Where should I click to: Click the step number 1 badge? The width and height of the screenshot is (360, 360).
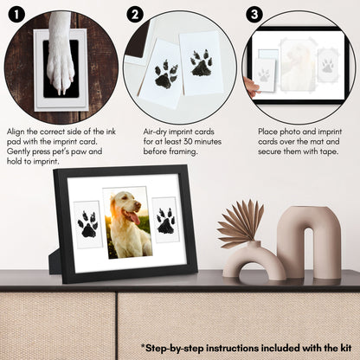click(16, 15)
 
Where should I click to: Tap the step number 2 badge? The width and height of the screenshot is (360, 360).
click(135, 15)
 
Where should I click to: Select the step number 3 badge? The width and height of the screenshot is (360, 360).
click(254, 15)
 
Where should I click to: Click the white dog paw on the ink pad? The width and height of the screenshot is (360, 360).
click(61, 54)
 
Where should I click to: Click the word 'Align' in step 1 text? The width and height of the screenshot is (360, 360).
click(16, 132)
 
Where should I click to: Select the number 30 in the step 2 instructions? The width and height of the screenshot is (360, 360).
click(188, 142)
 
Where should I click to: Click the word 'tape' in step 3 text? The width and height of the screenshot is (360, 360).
click(329, 151)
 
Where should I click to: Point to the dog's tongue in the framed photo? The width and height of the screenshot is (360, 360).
click(134, 218)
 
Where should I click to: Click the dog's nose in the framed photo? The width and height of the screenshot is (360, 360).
click(138, 205)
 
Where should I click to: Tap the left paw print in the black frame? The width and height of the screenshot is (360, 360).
click(87, 224)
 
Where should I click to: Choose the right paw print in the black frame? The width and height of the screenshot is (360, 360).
click(165, 221)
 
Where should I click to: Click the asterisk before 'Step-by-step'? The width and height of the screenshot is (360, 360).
click(143, 345)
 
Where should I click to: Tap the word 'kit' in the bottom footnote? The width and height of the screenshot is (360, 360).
click(344, 348)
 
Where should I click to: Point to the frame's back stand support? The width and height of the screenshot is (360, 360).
click(55, 262)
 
